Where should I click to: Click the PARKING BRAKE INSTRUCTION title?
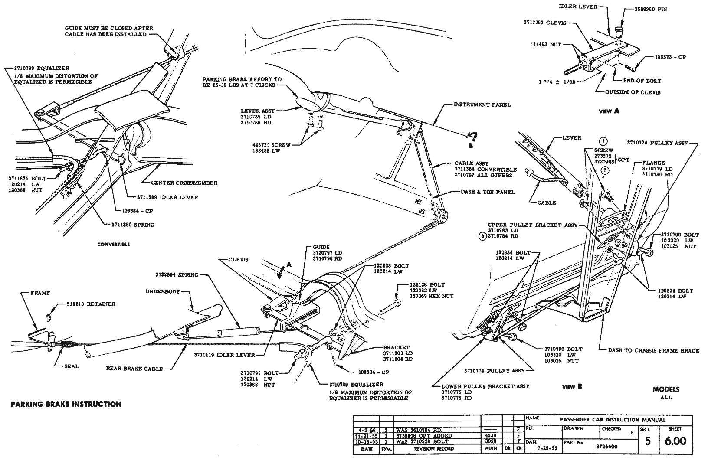point(66,404)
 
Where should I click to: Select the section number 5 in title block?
point(648,441)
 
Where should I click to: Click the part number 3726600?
point(606,446)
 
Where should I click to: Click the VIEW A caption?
point(609,111)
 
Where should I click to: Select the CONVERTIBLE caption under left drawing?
point(113,245)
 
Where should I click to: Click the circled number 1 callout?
point(603,141)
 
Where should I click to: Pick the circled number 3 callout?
point(482,236)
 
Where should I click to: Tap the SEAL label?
point(72,366)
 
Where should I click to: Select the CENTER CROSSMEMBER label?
point(184,183)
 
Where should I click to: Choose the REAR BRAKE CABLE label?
point(134,369)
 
